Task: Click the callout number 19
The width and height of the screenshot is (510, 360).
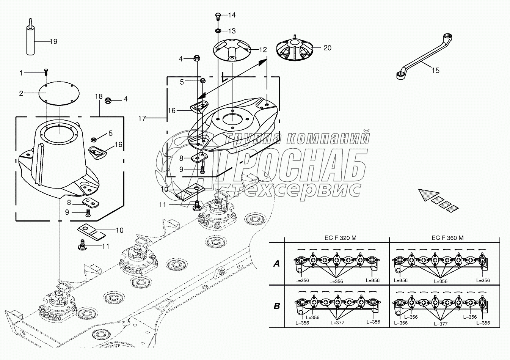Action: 53,41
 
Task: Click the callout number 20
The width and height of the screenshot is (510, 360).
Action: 327,48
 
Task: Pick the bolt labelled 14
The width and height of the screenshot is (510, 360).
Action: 218,16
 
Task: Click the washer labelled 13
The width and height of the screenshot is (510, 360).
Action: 218,30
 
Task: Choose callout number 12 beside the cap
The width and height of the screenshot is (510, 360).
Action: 263,50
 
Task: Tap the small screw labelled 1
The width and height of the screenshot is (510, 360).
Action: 46,71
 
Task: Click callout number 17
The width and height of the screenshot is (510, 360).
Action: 142,119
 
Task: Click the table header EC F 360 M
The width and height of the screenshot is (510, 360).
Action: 447,238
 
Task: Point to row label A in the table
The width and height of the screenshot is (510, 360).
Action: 276,263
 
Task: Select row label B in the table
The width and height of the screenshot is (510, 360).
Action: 276,306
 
